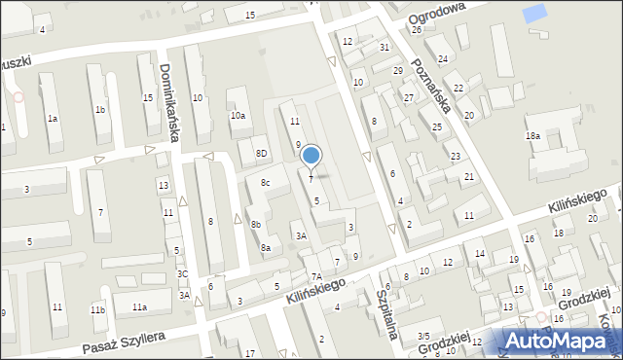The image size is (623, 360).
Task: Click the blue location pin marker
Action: tap(311, 156)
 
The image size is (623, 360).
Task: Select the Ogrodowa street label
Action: tap(436, 11)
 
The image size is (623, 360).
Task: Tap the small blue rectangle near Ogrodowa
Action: tap(534, 14)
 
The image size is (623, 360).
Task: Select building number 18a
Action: tap(532, 136)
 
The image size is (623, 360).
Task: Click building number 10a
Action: tap(238, 116)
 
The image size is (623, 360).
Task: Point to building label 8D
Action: tap(261, 154)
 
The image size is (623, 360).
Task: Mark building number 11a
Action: tap(140, 307)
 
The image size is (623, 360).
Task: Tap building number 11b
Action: tap(97, 309)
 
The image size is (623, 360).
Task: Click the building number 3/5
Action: tap(422, 336)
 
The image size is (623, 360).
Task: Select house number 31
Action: tap(385, 47)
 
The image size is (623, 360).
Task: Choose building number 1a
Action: tap(54, 119)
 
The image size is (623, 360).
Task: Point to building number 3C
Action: tap(183, 274)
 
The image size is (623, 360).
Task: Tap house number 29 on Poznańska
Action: tap(397, 71)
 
